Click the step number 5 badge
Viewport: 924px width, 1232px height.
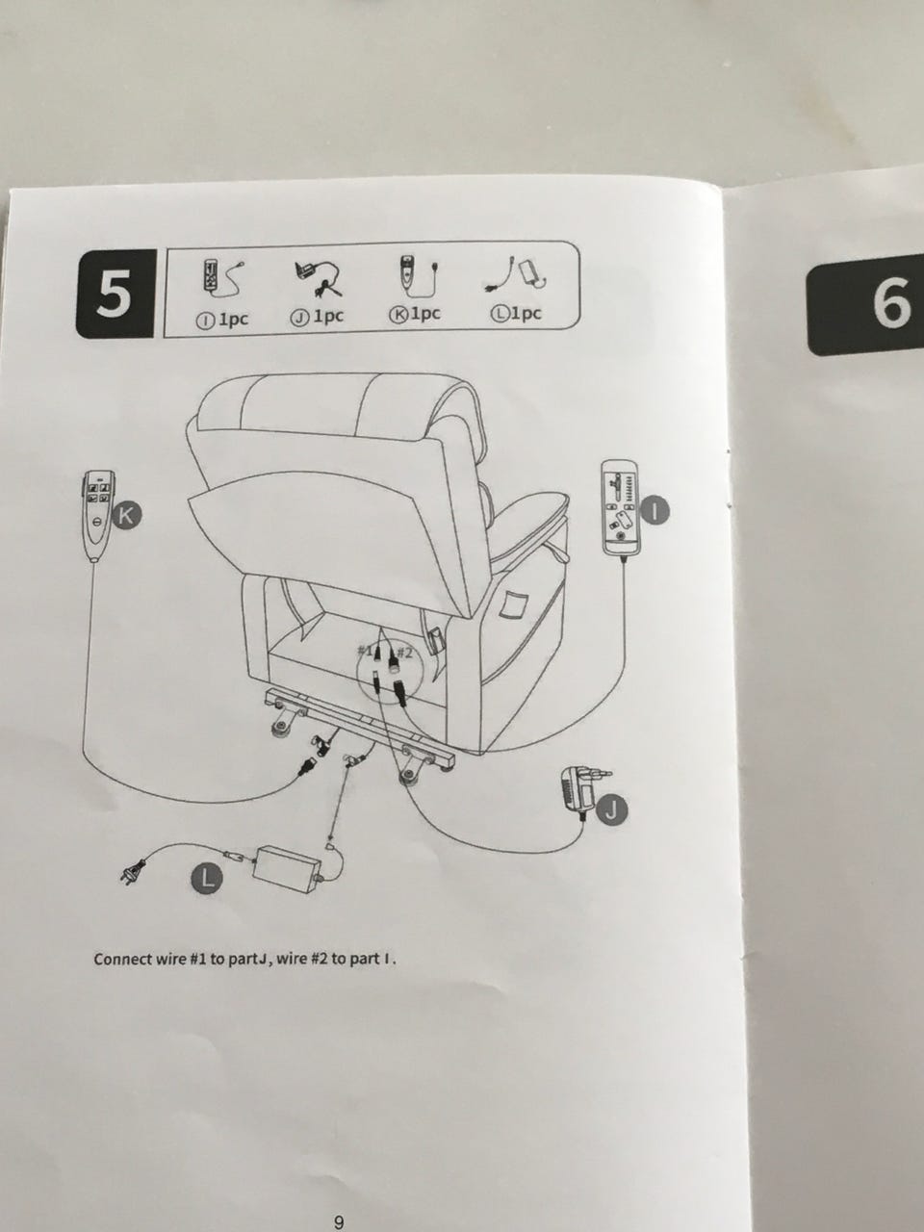(115, 294)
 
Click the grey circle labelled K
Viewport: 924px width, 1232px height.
(127, 515)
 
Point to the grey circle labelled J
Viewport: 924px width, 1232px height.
(612, 809)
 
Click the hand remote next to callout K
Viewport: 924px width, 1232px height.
(98, 516)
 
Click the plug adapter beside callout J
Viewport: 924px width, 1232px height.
(583, 789)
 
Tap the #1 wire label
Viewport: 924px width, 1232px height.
(366, 651)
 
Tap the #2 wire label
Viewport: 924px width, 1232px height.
(405, 652)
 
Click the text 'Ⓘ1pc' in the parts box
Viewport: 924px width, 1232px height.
(221, 320)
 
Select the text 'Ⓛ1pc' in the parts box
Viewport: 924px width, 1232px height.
(516, 313)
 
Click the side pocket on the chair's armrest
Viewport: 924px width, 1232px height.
(514, 605)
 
